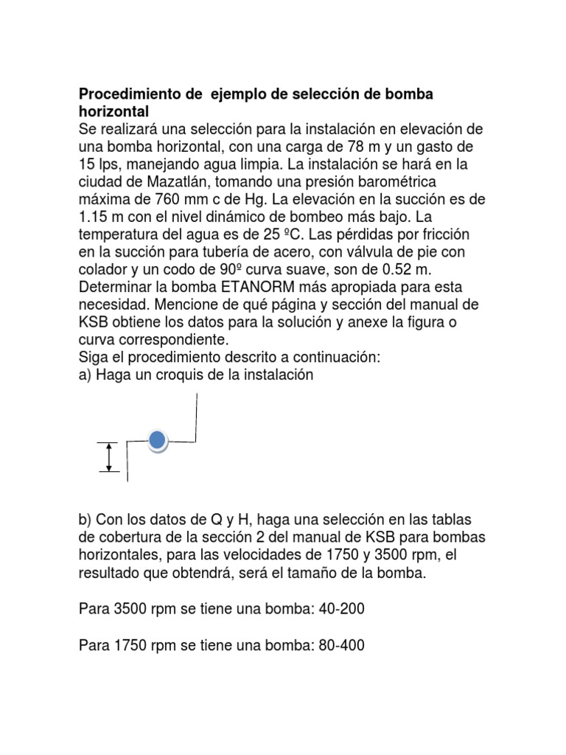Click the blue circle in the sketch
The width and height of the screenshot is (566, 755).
[157, 441]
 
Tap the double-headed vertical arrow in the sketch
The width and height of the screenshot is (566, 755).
[110, 456]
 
